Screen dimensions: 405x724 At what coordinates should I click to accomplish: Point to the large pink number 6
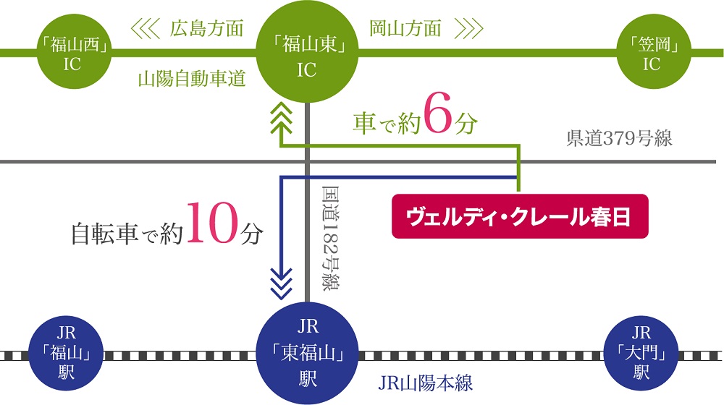pyautogui.click(x=439, y=121)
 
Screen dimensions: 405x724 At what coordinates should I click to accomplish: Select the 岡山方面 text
pyautogui.click(x=405, y=29)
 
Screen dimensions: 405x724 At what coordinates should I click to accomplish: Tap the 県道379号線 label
pyautogui.click(x=619, y=139)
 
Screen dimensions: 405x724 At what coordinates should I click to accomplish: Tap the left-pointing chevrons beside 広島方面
pyautogui.click(x=145, y=29)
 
